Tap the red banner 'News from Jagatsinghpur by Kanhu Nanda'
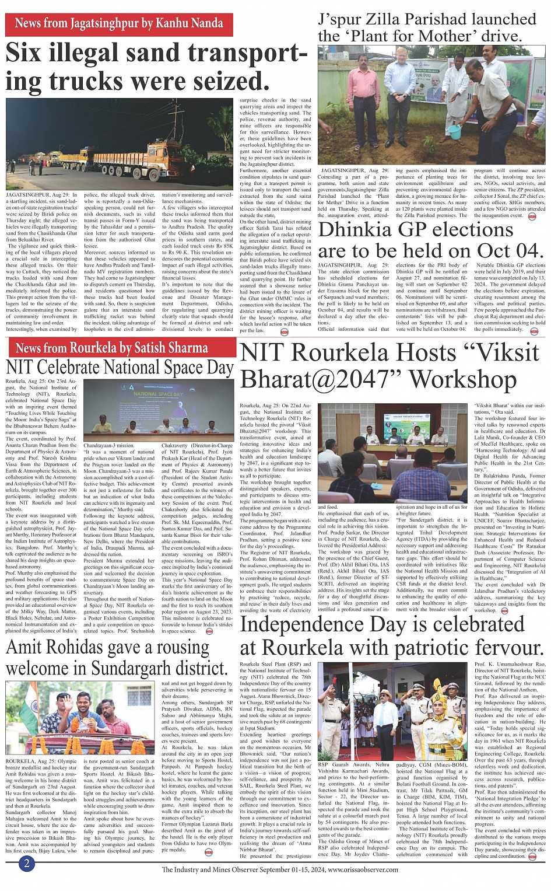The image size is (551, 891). click(119, 24)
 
